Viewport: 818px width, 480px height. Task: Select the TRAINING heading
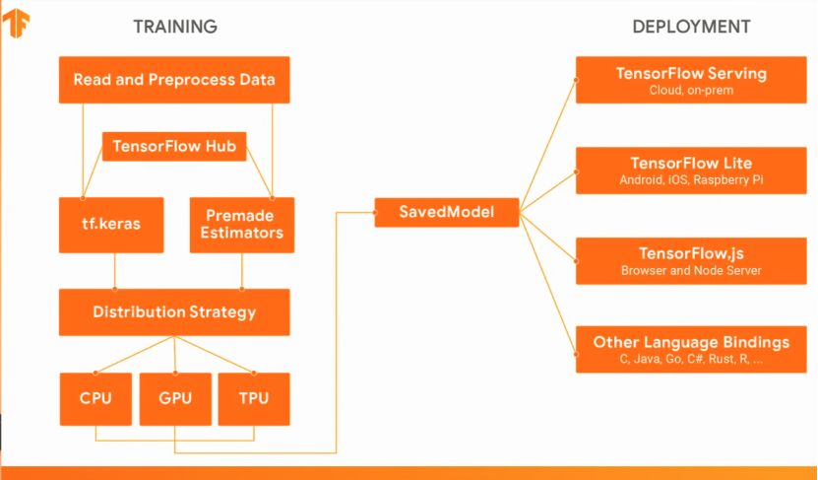click(x=175, y=27)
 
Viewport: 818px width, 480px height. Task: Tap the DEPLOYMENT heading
click(x=691, y=27)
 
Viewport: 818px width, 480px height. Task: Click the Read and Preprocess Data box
click(x=174, y=80)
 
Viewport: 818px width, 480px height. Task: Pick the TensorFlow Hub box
click(x=174, y=147)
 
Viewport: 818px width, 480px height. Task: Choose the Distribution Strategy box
click(x=174, y=312)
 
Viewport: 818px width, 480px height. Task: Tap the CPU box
click(x=94, y=399)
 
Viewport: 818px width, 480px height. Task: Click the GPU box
click(x=175, y=399)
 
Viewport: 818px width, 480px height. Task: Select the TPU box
click(x=254, y=399)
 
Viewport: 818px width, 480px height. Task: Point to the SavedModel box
click(x=446, y=212)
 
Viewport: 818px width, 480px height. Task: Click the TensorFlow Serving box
click(x=691, y=80)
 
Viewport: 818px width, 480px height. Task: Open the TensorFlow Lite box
click(x=691, y=170)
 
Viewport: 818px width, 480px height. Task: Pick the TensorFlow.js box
click(x=691, y=260)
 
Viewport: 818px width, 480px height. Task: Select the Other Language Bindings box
click(x=691, y=349)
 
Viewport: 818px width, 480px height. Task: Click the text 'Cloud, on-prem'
click(x=691, y=91)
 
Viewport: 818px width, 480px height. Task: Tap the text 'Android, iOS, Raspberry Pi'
click(x=691, y=181)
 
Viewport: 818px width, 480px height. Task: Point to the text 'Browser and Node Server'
click(x=691, y=271)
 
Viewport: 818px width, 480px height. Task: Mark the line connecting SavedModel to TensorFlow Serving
click(x=547, y=145)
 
